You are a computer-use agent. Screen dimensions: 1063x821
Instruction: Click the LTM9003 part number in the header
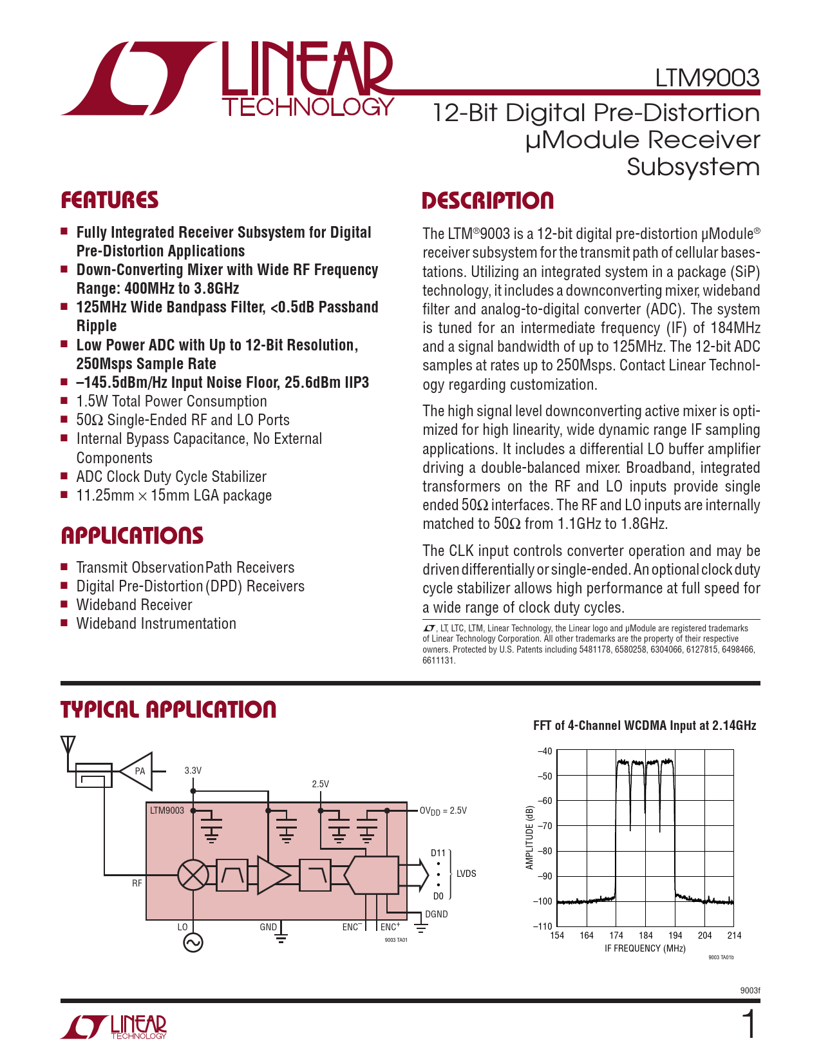coord(707,78)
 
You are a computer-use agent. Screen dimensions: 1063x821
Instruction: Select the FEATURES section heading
coord(109,200)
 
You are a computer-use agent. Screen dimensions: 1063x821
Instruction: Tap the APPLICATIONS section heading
coord(132,536)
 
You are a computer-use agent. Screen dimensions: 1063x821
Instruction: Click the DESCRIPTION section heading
coord(487,201)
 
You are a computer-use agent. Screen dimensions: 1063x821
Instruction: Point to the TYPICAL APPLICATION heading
coord(168,710)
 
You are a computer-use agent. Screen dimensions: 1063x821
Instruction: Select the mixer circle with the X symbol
coord(193,875)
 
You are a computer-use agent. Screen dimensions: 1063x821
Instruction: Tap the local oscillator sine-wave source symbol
coord(193,943)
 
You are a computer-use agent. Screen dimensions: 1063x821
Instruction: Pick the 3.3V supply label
coord(193,771)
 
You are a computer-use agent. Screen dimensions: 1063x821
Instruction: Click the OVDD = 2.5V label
coord(443,810)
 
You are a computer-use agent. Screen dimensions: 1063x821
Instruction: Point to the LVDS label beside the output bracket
coord(466,874)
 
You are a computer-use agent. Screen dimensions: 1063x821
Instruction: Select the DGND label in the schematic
coord(436,914)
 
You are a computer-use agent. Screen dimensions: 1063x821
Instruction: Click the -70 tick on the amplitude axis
coord(545,826)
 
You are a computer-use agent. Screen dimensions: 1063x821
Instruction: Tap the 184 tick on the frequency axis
coord(645,935)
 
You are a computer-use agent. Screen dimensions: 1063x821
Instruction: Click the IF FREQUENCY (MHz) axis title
coord(645,948)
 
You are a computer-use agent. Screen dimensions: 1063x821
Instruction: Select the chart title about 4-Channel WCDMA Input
coord(645,726)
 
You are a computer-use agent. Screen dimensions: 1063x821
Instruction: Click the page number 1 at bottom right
coord(750,1025)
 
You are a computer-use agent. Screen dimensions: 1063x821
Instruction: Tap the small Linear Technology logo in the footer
coord(114,1027)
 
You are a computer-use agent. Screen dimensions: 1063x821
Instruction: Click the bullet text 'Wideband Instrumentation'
coord(156,624)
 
